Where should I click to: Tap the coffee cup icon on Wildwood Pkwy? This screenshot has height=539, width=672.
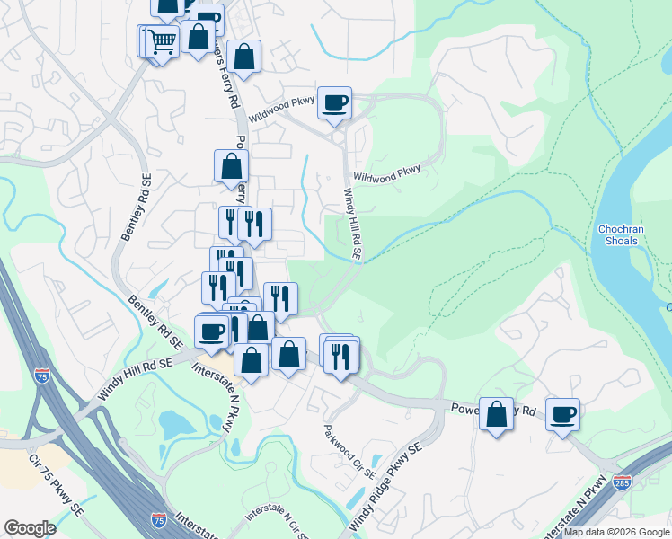(x=334, y=103)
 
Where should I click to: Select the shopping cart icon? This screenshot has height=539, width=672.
(x=162, y=40)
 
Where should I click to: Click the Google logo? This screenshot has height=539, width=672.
(x=30, y=528)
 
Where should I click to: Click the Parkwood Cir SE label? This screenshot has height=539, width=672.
(x=349, y=451)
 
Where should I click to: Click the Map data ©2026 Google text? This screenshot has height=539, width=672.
(x=615, y=532)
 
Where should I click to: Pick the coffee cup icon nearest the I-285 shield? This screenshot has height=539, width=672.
(x=562, y=414)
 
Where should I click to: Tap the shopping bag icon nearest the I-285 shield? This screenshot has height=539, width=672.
(x=496, y=414)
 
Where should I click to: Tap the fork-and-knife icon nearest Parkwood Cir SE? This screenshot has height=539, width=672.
(x=341, y=356)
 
